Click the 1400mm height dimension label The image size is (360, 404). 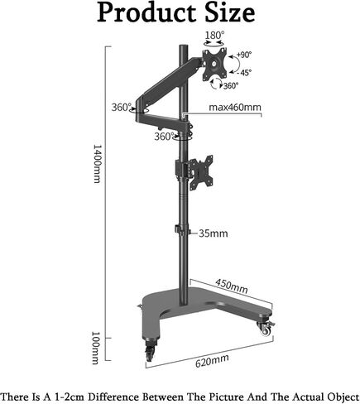tap(96, 163)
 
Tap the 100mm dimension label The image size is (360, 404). tap(95, 348)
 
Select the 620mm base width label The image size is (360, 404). tap(212, 361)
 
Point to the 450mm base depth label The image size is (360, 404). tap(232, 286)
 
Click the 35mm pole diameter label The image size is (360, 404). tap(214, 233)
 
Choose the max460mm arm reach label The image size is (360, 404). tap(235, 107)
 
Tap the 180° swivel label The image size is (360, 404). tap(214, 36)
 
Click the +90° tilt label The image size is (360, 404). tap(244, 55)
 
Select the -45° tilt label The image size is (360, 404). tap(244, 73)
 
